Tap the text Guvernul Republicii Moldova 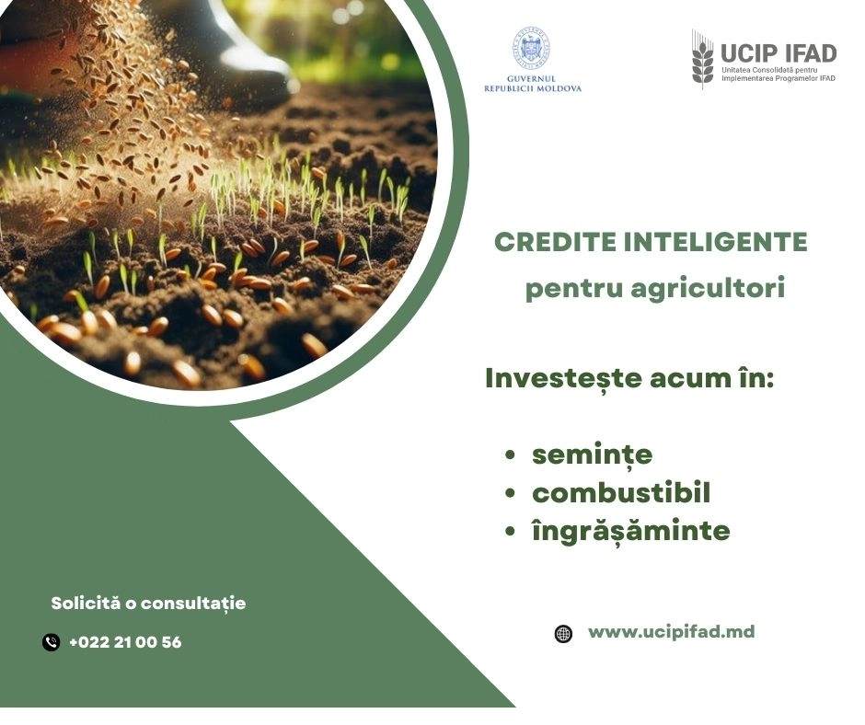533,84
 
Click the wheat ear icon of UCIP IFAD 702,58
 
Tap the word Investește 559,379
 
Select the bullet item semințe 592,455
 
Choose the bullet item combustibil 621,493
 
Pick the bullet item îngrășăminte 630,531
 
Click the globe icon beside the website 563,633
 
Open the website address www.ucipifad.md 671,632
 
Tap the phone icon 52,642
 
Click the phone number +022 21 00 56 125,642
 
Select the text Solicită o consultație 148,604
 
